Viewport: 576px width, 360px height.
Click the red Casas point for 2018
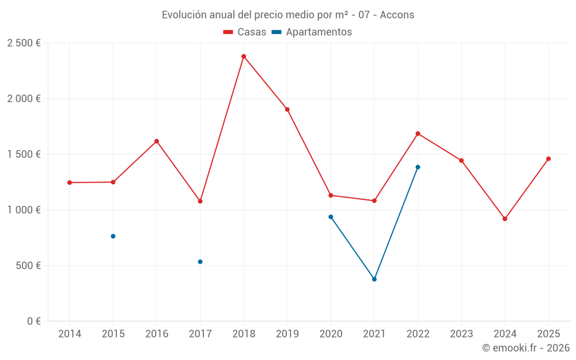[244, 56]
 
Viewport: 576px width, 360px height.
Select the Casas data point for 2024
[505, 219]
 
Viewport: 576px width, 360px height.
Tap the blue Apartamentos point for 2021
[374, 279]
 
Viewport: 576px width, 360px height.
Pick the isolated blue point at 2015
[113, 236]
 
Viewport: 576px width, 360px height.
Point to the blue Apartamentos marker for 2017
[200, 262]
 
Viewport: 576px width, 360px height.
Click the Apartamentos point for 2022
[418, 167]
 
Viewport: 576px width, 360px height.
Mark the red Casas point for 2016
[157, 141]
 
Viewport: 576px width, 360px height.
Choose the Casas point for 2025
[548, 159]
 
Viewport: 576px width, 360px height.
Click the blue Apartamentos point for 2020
[331, 217]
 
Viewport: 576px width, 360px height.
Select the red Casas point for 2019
[287, 109]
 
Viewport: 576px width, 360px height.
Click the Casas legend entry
[245, 32]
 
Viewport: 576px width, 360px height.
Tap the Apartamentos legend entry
[312, 32]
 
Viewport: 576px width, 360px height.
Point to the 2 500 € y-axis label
[24, 43]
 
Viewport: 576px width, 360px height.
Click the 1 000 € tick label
[24, 210]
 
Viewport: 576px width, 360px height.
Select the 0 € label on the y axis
[33, 321]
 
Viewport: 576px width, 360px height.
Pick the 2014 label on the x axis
[70, 334]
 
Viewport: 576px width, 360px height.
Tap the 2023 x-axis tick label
[461, 334]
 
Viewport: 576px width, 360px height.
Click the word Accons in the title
[397, 15]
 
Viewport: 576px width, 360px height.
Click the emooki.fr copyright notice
[526, 348]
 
